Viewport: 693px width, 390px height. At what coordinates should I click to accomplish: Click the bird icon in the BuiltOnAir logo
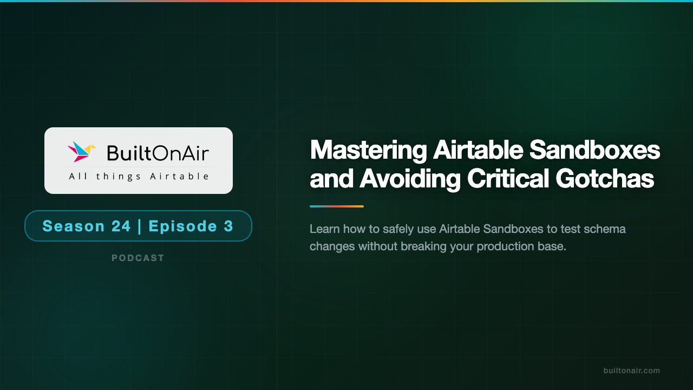point(81,152)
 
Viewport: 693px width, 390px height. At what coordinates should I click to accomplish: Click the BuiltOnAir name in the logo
point(158,153)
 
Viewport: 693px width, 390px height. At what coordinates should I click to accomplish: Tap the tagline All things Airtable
point(139,176)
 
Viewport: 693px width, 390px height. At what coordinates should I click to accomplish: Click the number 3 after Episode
point(228,226)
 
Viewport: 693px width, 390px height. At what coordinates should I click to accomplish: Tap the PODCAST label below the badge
point(138,258)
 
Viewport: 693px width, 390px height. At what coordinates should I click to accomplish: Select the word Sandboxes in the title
point(594,150)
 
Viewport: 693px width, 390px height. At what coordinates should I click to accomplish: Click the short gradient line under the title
point(336,206)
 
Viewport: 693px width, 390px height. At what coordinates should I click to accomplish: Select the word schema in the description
point(607,229)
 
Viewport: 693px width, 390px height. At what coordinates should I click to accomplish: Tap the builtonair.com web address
point(631,370)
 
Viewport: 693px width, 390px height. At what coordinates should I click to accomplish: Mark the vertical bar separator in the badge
point(140,226)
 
